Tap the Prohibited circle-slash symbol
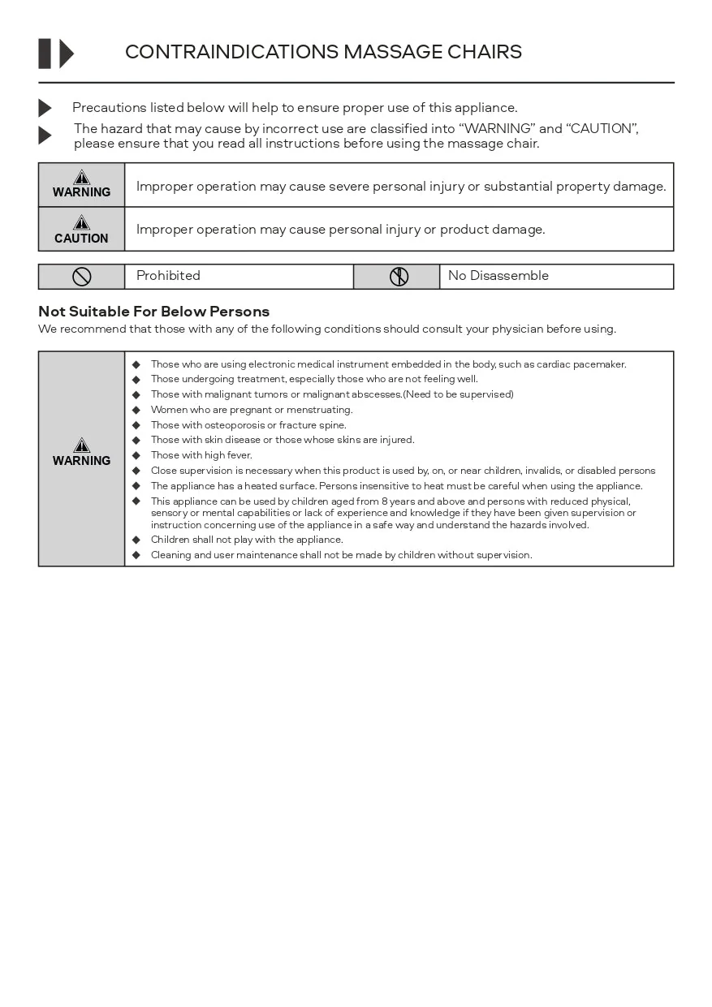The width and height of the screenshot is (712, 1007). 81,277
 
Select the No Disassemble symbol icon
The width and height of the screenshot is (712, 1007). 399,277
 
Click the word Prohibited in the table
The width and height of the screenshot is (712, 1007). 168,276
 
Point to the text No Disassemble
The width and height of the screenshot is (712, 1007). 498,276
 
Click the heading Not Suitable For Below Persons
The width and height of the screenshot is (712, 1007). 153,312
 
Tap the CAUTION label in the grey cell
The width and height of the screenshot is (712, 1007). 81,239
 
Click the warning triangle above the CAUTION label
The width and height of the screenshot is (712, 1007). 81,222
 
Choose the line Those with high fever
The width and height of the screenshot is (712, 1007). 201,455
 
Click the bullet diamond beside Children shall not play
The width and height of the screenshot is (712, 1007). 136,540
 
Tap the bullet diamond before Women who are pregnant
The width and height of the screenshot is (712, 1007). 136,410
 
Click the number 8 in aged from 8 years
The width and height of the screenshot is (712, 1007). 385,501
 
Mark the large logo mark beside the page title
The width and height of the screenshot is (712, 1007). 56,54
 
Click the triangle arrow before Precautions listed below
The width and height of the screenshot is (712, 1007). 45,108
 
